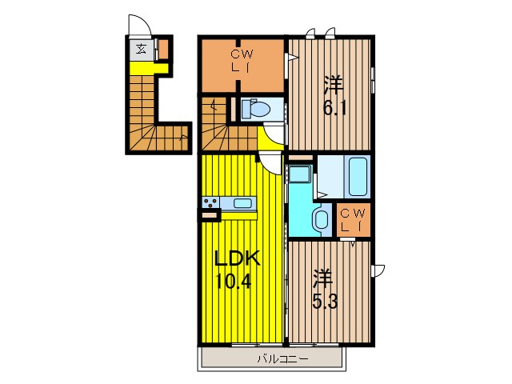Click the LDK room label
click(237, 258)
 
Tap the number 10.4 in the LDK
click(233, 281)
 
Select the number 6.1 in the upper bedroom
click(334, 108)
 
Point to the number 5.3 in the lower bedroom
click(325, 302)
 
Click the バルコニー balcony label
click(282, 359)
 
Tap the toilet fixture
click(255, 109)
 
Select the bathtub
click(358, 176)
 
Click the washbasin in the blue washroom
click(322, 218)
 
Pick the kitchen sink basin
click(242, 203)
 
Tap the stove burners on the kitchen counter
click(210, 202)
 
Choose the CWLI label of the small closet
click(354, 219)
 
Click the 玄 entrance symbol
click(141, 50)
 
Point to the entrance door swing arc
click(141, 23)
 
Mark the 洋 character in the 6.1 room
click(334, 84)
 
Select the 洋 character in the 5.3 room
click(323, 278)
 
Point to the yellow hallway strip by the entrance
click(149, 68)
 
